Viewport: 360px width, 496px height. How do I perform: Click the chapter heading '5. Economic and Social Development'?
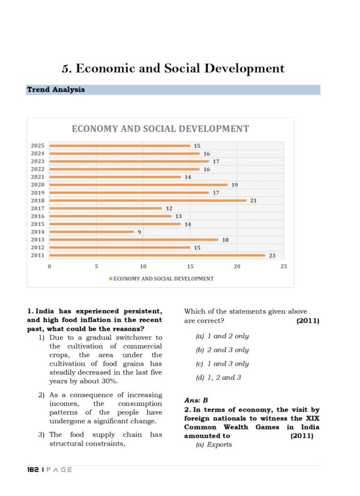[x=173, y=68]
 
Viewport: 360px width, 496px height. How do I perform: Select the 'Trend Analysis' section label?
[x=56, y=90]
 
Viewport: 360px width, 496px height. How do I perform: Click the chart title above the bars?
[x=160, y=129]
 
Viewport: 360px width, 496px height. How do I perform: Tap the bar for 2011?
[x=157, y=255]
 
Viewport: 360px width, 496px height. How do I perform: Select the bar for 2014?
[x=91, y=232]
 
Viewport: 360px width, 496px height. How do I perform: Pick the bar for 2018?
[x=148, y=201]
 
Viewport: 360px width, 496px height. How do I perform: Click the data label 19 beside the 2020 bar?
[x=235, y=185]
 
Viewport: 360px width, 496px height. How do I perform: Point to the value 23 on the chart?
[x=272, y=255]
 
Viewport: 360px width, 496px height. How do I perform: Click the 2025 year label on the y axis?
[x=37, y=146]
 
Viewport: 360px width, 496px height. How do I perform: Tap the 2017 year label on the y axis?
[x=37, y=208]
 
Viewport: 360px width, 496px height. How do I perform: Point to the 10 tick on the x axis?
[x=143, y=266]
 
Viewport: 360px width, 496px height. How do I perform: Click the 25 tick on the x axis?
[x=283, y=266]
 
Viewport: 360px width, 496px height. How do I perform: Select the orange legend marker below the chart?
[x=111, y=279]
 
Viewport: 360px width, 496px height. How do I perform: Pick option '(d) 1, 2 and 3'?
[x=218, y=378]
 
